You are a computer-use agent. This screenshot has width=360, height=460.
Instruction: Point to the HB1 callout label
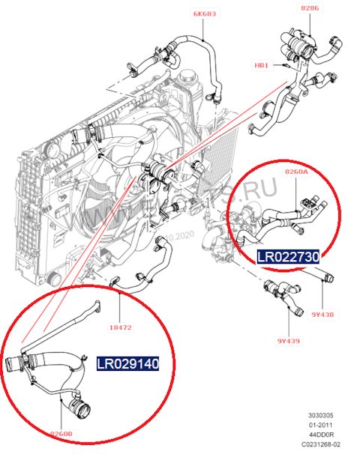(261, 65)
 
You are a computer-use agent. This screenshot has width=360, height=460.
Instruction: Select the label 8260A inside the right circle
(296, 172)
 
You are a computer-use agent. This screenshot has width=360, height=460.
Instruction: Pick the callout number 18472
(121, 327)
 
